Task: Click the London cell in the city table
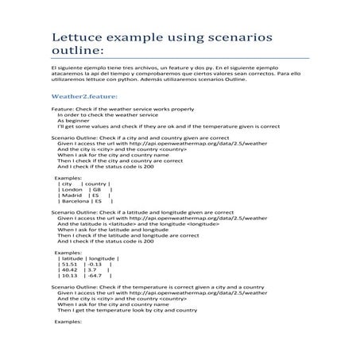tap(72, 190)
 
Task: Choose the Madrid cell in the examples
tap(72, 196)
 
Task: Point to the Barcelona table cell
tap(75, 203)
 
